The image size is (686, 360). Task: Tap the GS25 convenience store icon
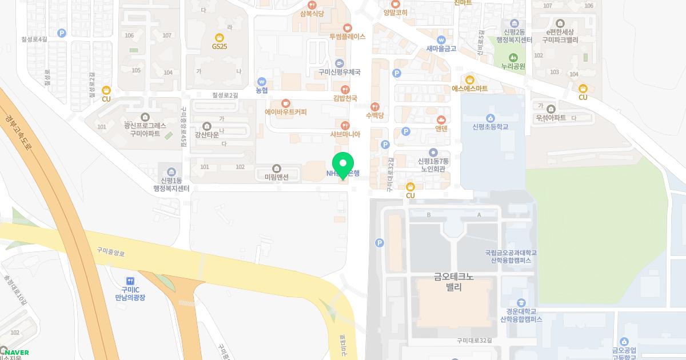coord(220,37)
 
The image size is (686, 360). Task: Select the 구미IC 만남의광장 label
coord(130,294)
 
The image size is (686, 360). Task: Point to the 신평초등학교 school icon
coord(490,118)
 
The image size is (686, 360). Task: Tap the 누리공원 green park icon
coord(513,57)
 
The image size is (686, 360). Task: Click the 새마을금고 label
coord(441,49)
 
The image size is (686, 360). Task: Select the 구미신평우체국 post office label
coord(340,73)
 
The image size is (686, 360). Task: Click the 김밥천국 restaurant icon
coord(345,89)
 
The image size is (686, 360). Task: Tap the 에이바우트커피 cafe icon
coord(285,103)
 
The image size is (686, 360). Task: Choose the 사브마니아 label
coord(345,134)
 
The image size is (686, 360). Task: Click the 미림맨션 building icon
coord(277,168)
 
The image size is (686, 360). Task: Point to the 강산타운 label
coord(207,135)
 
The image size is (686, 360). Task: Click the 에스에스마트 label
coord(470,89)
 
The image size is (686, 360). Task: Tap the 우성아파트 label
coord(551,118)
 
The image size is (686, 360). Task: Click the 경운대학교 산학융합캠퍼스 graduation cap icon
coord(521,302)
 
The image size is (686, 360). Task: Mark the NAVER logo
coord(15,353)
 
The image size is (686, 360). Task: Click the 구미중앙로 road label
coord(110,250)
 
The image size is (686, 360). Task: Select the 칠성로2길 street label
coord(225,95)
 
